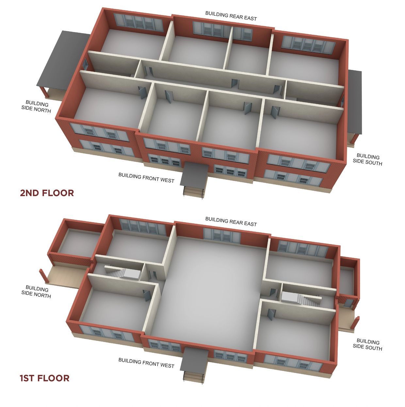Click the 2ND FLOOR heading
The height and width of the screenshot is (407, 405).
[47, 193]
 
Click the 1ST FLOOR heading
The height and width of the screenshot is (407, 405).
[44, 378]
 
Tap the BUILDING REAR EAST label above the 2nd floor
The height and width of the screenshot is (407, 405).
[231, 16]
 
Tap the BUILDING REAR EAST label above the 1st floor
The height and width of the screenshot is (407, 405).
[231, 221]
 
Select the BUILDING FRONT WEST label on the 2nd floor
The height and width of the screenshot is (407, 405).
[146, 178]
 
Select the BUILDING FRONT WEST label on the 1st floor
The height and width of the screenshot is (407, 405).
[146, 363]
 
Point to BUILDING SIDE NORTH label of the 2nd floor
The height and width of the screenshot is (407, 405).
[36, 107]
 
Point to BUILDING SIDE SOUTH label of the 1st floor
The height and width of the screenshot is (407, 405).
[368, 351]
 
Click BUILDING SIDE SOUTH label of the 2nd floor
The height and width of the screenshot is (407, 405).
[368, 160]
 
